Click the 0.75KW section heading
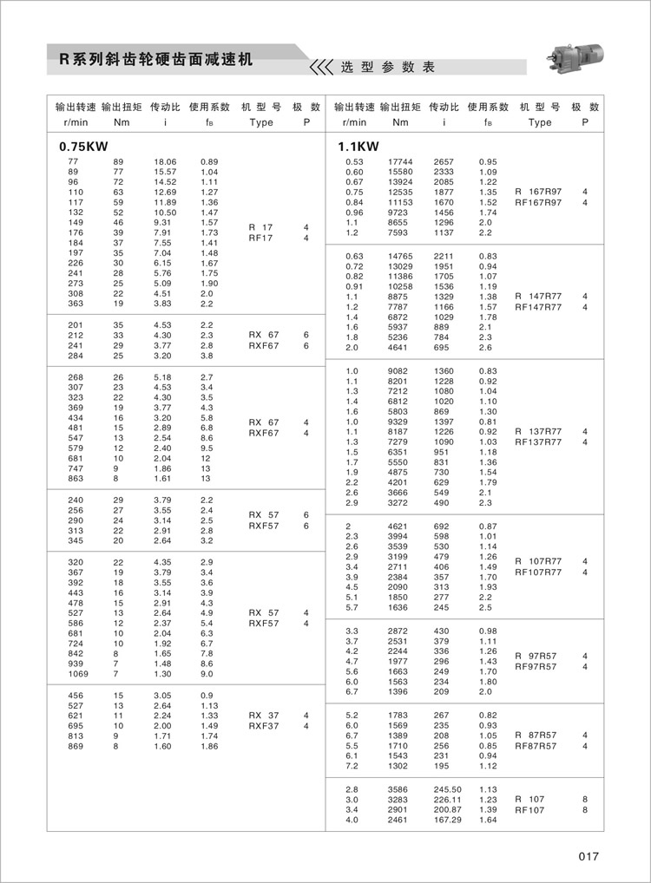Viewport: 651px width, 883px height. pyautogui.click(x=77, y=147)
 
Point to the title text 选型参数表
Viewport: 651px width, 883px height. pyautogui.click(x=387, y=67)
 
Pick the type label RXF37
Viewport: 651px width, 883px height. pyautogui.click(x=264, y=726)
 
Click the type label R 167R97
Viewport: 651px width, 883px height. pyautogui.click(x=538, y=192)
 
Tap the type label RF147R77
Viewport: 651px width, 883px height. pyautogui.click(x=538, y=306)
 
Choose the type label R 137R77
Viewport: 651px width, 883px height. pyautogui.click(x=538, y=431)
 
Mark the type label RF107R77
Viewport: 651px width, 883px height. pyautogui.click(x=538, y=572)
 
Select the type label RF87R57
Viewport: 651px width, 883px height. pyautogui.click(x=536, y=745)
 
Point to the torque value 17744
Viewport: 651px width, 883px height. pyautogui.click(x=400, y=162)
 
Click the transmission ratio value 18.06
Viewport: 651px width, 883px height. pyautogui.click(x=165, y=162)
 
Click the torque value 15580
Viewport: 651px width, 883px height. pyautogui.click(x=400, y=172)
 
